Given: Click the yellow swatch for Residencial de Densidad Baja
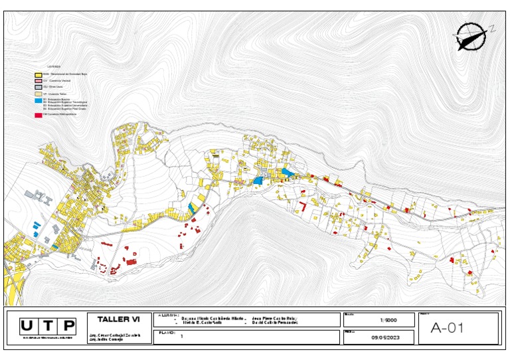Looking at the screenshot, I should coord(38,74).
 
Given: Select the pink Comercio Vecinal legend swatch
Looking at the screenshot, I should coord(38,80).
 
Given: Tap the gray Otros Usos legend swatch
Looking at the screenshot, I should coord(38,87).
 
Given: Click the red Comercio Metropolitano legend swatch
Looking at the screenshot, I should coord(38,114).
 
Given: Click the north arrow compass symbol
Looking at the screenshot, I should coord(471,37).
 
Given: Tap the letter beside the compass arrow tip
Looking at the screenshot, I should coord(492,29).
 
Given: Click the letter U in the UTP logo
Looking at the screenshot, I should coord(27,325).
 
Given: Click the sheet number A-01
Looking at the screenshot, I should coord(446,327).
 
